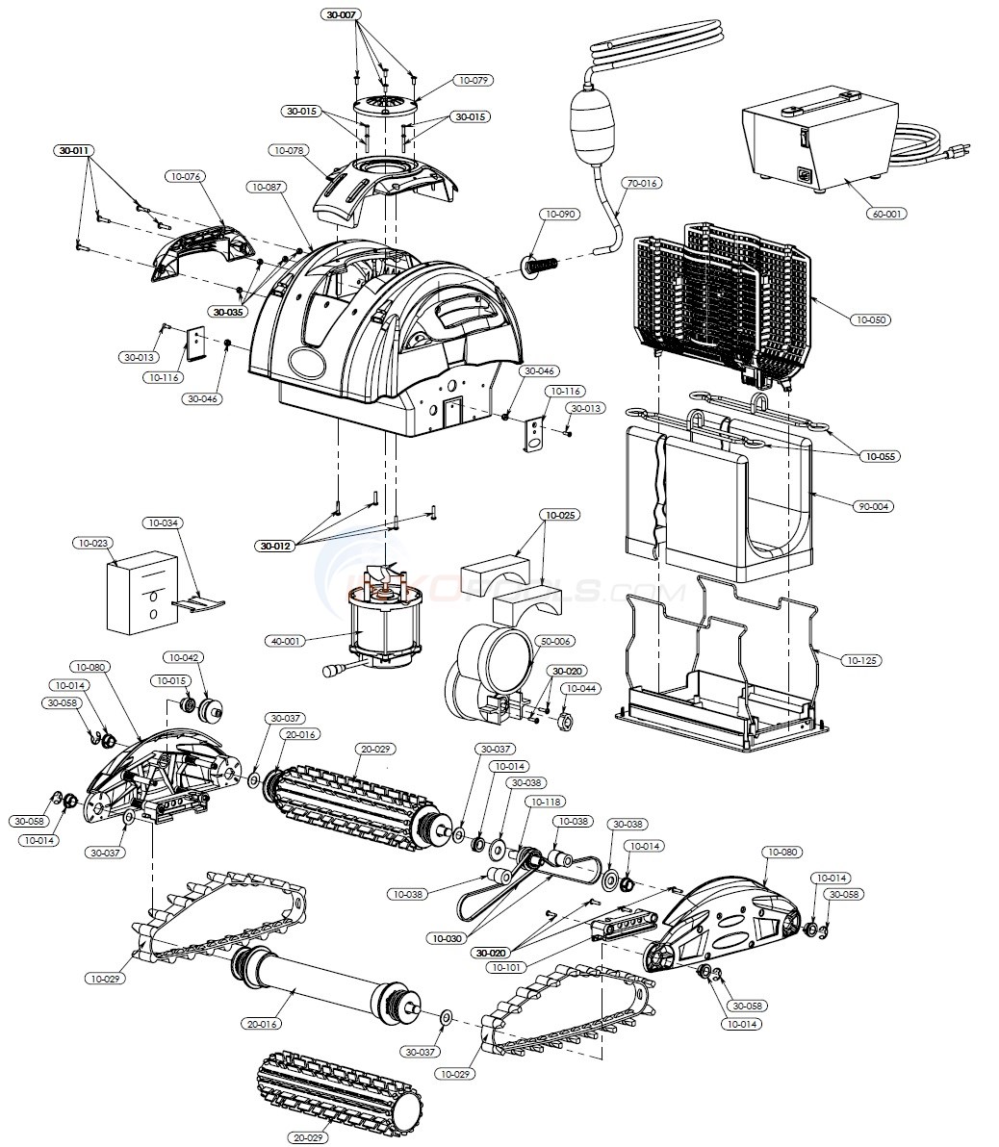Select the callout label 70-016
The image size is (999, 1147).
click(x=641, y=182)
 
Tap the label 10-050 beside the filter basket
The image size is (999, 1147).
click(x=870, y=319)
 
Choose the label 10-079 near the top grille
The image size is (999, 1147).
click(x=473, y=80)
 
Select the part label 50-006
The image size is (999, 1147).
click(x=555, y=641)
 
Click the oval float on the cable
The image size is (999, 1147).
click(x=591, y=124)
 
